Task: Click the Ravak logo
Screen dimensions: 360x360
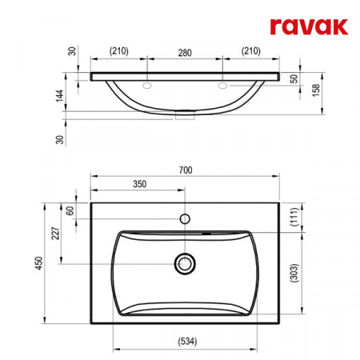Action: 309,26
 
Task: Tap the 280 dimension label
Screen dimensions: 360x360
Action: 185,53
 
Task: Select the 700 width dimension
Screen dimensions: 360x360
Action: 186,170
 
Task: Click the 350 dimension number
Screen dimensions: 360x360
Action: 139,184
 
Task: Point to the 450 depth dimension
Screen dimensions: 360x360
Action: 39,263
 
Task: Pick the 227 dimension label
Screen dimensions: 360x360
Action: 55,234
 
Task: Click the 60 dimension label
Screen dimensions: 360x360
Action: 70,211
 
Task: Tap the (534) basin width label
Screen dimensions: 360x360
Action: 187,341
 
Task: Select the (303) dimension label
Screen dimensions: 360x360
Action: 294,273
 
